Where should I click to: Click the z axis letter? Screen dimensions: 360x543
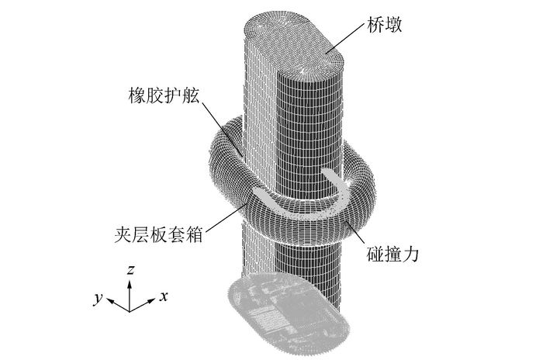[x=132, y=269]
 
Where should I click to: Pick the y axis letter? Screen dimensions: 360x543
[x=98, y=299]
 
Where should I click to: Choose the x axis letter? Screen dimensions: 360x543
[x=164, y=296]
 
